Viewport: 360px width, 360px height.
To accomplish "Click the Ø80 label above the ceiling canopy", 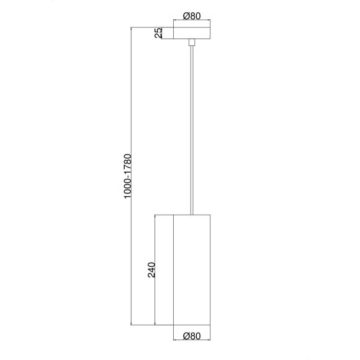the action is [192, 16].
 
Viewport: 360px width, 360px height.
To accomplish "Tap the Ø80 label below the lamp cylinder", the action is [192, 336].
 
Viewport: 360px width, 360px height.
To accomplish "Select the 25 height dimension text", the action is [158, 33].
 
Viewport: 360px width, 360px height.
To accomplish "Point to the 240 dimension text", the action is [151, 270].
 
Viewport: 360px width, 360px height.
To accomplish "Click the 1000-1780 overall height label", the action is [127, 176].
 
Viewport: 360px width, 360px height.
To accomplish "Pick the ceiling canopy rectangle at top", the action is [192, 33].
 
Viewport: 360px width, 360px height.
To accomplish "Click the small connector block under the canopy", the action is [192, 42].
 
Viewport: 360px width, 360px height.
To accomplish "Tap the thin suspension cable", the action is [192, 130].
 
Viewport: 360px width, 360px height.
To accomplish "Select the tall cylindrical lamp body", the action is [192, 270].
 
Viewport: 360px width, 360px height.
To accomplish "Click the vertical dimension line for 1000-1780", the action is [131, 176].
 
